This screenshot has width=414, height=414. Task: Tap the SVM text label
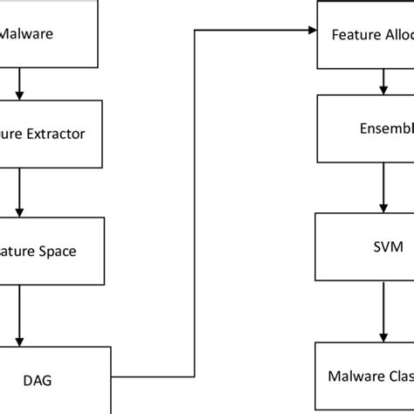coord(381,247)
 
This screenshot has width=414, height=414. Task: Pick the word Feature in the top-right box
coord(354,35)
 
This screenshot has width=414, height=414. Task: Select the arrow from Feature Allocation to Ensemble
coord(381,82)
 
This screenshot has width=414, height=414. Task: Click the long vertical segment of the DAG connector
coord(193,201)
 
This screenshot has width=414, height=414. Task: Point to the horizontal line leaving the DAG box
coord(153,377)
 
